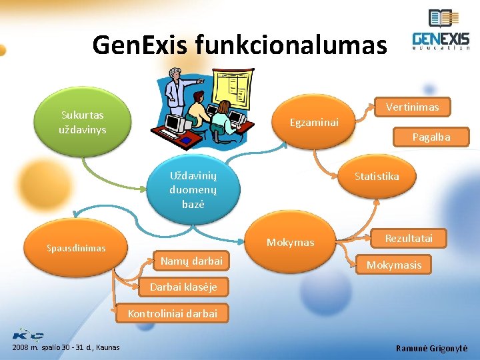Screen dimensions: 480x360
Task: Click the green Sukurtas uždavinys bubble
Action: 83,122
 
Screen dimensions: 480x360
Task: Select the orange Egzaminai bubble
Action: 314,122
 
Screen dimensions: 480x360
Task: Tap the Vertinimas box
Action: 412,107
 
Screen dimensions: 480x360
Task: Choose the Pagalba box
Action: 431,137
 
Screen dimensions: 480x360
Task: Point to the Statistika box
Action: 377,177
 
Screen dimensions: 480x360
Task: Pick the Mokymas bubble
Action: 290,243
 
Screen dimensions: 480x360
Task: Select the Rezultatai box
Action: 409,238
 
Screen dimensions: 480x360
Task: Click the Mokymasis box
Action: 393,265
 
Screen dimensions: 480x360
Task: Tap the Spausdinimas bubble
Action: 76,248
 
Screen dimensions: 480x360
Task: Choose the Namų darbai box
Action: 191,261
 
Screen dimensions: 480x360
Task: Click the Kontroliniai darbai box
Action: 172,313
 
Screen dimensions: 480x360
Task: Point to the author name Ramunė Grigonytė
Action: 431,348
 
